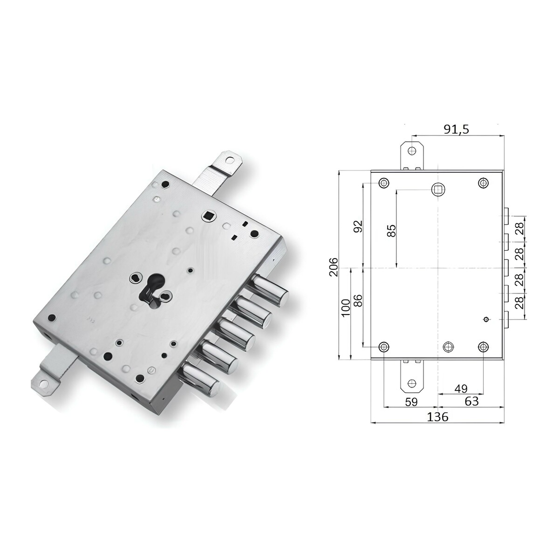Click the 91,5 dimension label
457,130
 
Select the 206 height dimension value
334,267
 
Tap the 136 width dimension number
438,417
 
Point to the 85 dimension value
391,231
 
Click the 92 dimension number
358,226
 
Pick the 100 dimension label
346,307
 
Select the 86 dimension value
358,301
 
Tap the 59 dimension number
411,402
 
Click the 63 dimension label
471,401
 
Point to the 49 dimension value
461,389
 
